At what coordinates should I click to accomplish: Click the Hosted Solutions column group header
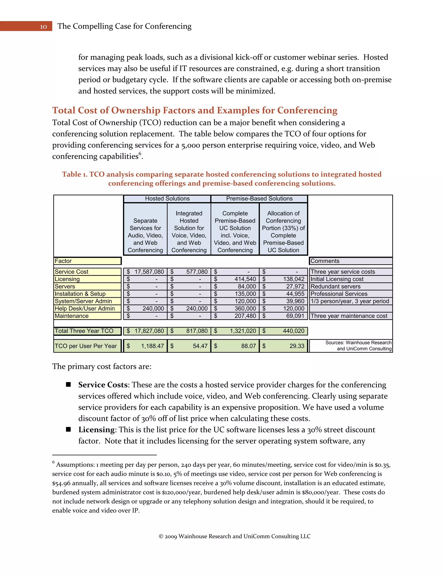(167, 199)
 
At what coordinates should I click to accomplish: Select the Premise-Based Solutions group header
(259, 199)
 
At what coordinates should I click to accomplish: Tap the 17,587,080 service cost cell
(145, 272)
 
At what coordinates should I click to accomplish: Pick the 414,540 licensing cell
(235, 279)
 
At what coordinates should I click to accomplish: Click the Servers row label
(87, 286)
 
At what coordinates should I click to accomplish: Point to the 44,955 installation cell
(284, 294)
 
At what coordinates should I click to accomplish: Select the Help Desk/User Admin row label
(87, 309)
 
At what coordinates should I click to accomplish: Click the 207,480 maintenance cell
(235, 316)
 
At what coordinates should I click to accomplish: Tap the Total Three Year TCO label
(87, 331)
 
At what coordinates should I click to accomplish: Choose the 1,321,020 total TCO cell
(235, 331)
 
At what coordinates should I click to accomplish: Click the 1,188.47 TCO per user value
(145, 346)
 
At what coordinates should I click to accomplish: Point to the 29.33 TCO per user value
(284, 346)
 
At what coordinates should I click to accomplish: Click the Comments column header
(350, 261)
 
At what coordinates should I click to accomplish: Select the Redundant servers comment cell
(350, 286)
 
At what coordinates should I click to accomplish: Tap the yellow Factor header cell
(87, 261)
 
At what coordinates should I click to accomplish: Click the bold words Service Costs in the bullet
(103, 385)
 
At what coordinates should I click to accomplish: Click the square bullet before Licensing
(68, 429)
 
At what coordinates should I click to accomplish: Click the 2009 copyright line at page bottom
(235, 536)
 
